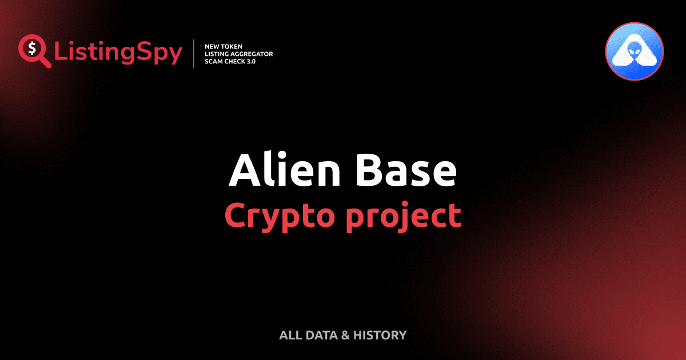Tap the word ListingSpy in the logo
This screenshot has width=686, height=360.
pos(118,53)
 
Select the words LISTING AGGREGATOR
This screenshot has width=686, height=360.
pos(238,54)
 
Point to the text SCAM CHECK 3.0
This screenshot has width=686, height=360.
pos(230,61)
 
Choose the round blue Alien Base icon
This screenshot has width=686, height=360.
pos(634,51)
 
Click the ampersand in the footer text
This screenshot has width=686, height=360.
pos(345,335)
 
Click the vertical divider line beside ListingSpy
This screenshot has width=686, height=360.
pos(194,54)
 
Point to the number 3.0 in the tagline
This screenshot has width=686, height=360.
pos(249,61)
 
